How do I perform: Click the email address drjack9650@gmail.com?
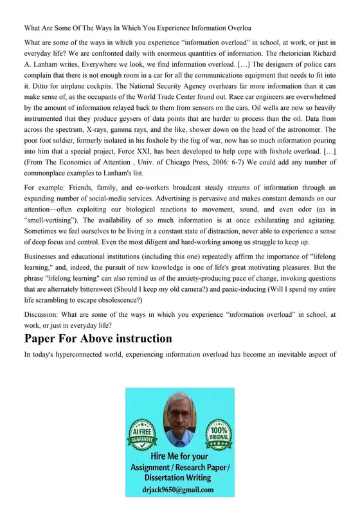click(180, 490)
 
